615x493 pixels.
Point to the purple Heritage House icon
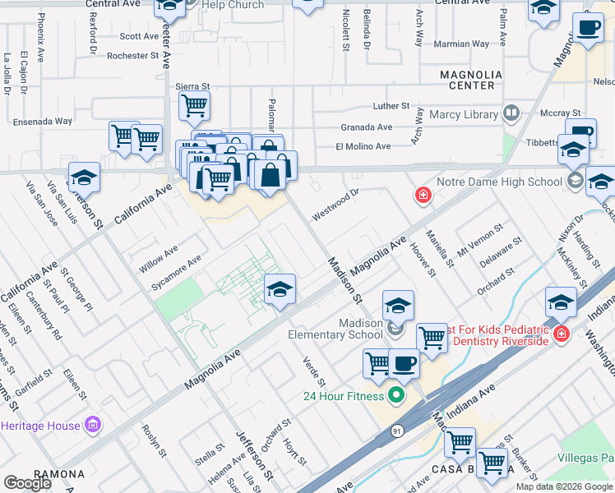(94, 425)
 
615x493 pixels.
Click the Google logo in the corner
(27, 483)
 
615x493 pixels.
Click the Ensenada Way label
(43, 122)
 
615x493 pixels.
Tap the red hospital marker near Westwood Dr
(423, 195)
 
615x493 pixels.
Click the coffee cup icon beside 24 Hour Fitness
(403, 362)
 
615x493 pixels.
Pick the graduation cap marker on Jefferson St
(84, 177)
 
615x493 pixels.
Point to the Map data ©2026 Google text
(563, 486)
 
